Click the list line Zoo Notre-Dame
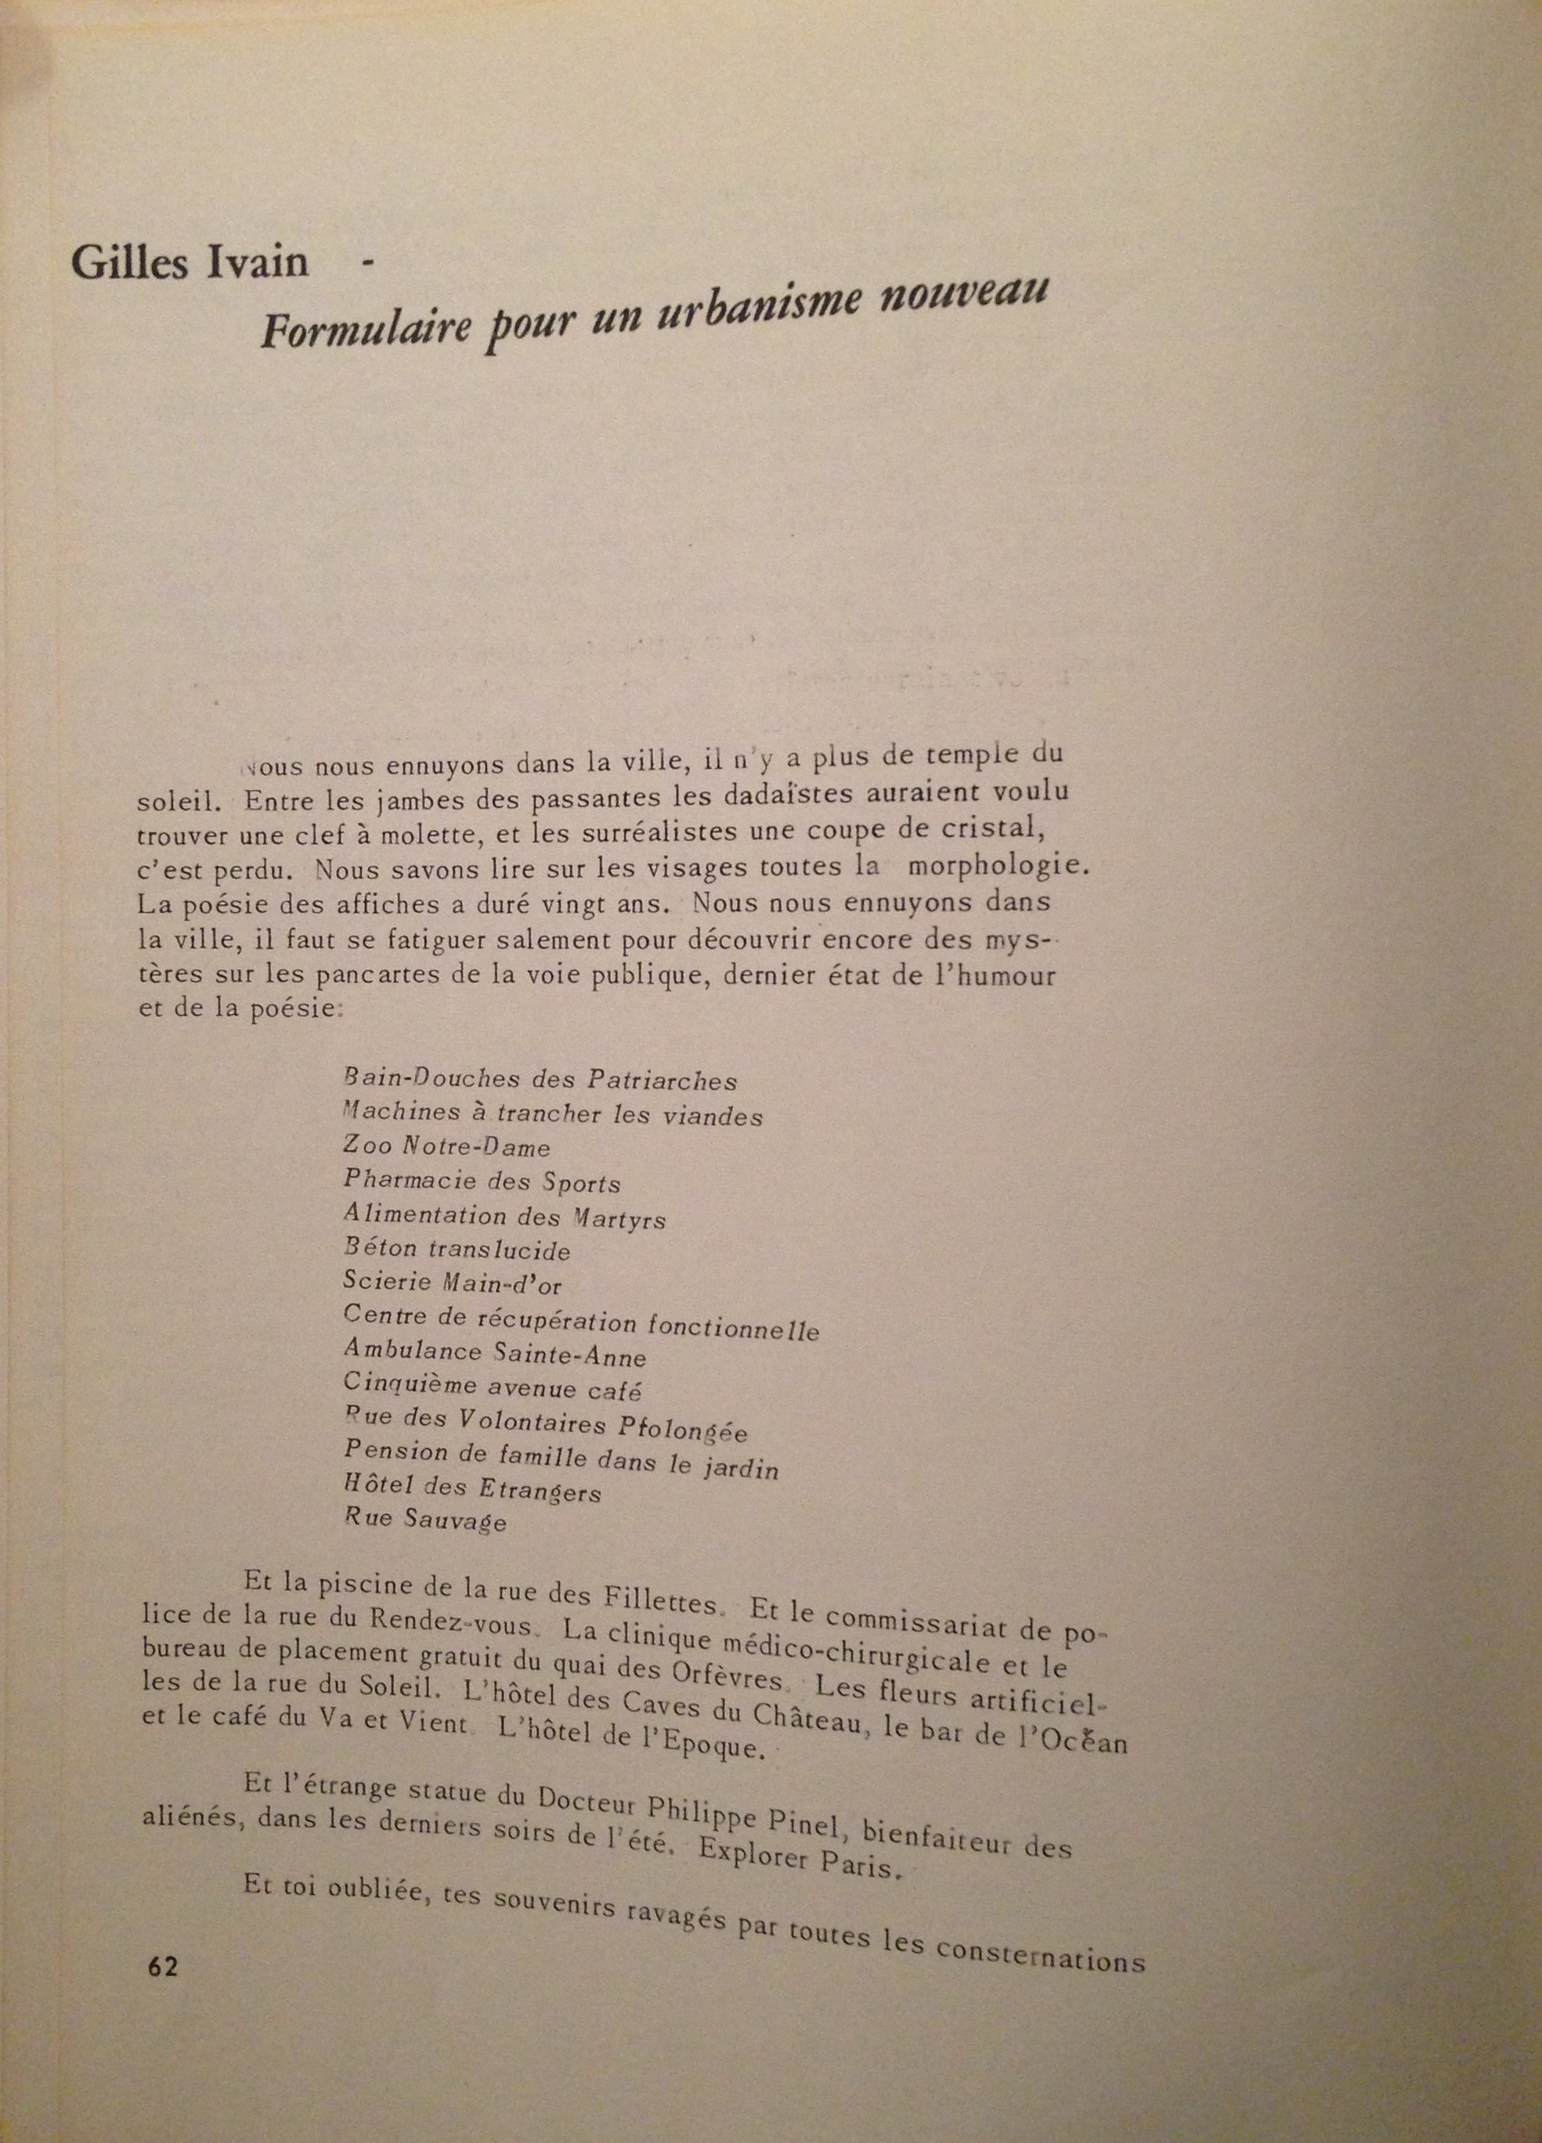(x=446, y=1147)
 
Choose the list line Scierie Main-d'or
(x=453, y=1283)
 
